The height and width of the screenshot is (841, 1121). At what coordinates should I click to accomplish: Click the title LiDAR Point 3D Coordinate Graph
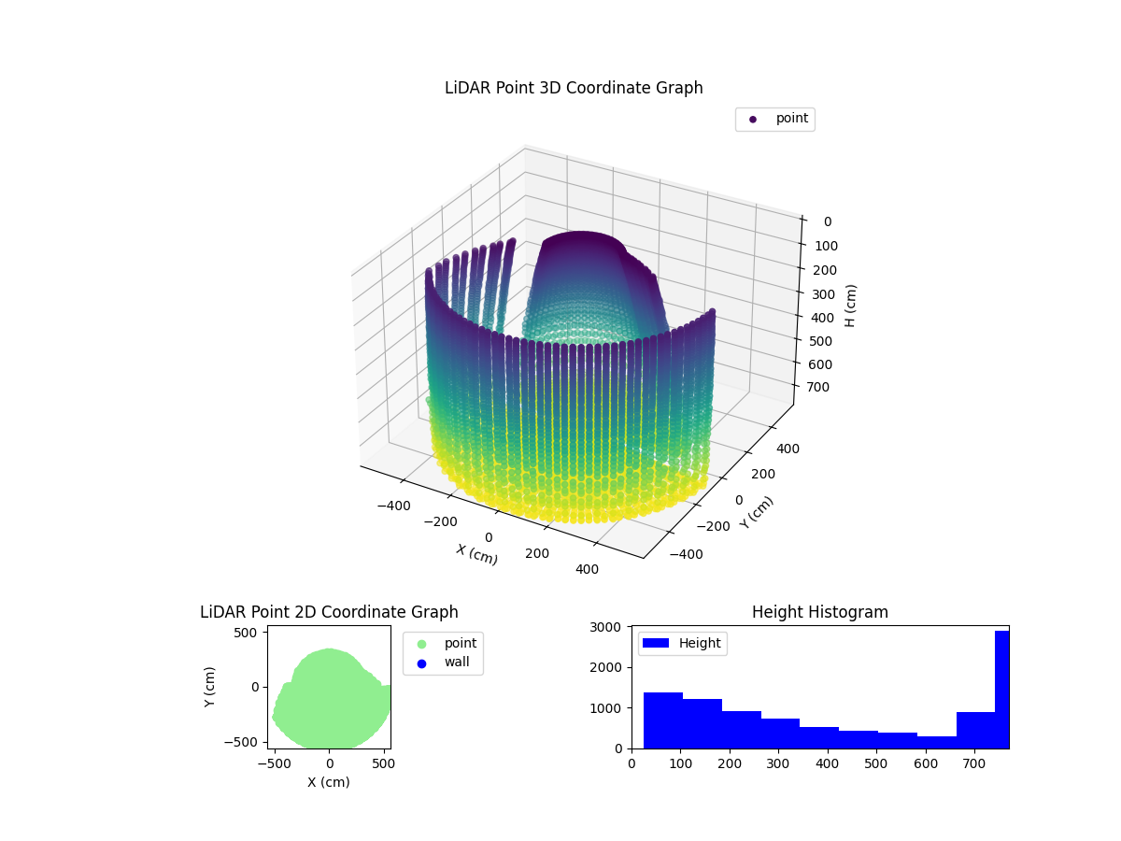[x=574, y=88]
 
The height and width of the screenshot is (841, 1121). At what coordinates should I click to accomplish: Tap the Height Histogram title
[x=819, y=612]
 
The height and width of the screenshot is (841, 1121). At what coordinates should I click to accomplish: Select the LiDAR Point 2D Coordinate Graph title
[x=329, y=612]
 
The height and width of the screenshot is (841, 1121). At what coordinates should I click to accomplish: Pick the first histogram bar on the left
[x=662, y=720]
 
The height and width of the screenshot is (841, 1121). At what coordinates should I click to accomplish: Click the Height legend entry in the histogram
[x=682, y=643]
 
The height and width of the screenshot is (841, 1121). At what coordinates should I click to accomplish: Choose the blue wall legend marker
[x=421, y=663]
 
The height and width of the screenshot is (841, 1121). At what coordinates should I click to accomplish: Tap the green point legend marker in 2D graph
[x=421, y=644]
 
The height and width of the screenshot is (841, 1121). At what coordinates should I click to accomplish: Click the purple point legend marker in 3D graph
[x=753, y=119]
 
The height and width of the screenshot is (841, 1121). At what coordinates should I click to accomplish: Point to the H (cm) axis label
[x=850, y=305]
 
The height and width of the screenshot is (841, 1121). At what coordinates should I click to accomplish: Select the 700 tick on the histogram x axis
[x=974, y=763]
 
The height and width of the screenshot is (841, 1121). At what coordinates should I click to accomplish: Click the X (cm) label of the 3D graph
[x=476, y=554]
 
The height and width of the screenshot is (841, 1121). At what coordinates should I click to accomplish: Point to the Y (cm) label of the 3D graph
[x=757, y=512]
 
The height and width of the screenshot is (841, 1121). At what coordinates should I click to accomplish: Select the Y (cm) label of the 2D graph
[x=210, y=687]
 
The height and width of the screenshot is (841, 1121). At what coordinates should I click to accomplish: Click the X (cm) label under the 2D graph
[x=329, y=782]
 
